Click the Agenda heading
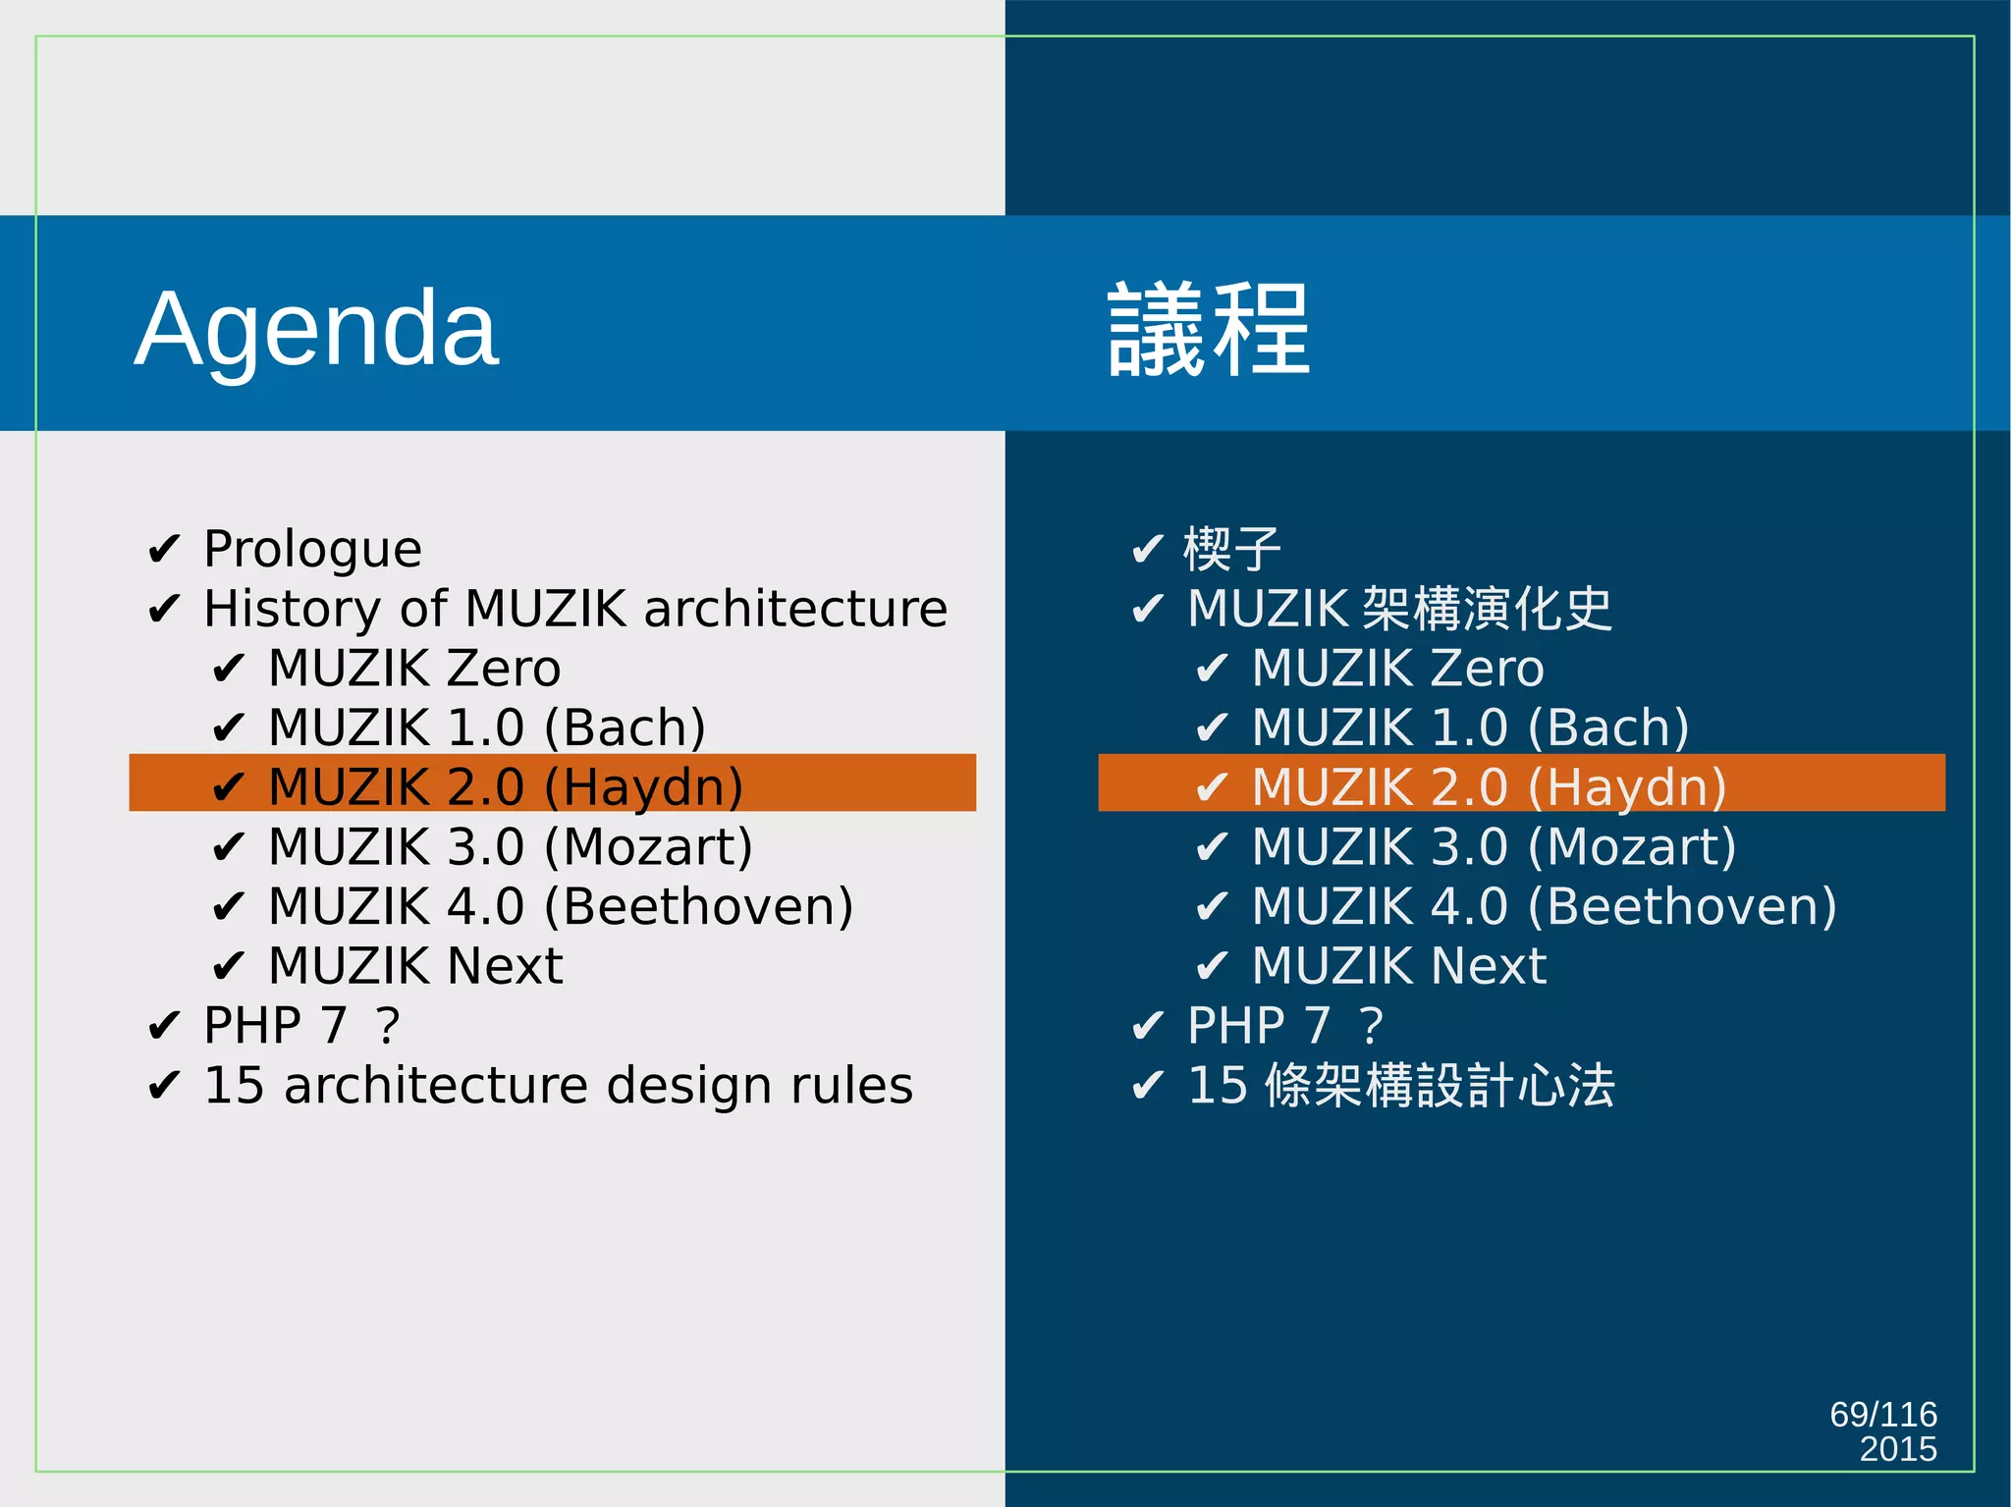pyautogui.click(x=316, y=329)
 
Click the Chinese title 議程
pyautogui.click(x=1208, y=329)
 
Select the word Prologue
pyautogui.click(x=312, y=549)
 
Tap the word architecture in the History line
pyautogui.click(x=795, y=609)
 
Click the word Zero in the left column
pyautogui.click(x=504, y=669)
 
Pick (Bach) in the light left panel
pyautogui.click(x=625, y=728)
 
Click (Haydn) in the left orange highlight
pyautogui.click(x=643, y=787)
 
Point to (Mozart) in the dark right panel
pyautogui.click(x=1632, y=847)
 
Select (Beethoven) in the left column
pyautogui.click(x=698, y=906)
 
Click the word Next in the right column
pyautogui.click(x=1489, y=966)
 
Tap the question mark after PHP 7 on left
pyautogui.click(x=388, y=1026)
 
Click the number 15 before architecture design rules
pyautogui.click(x=234, y=1086)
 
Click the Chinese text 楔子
pyautogui.click(x=1232, y=549)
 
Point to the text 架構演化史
pyautogui.click(x=1488, y=609)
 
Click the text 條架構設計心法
pyautogui.click(x=1440, y=1086)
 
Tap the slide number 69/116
pyautogui.click(x=1882, y=1414)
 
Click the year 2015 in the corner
pyautogui.click(x=1897, y=1449)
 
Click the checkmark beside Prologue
pyautogui.click(x=163, y=550)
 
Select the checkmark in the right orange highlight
pyautogui.click(x=1212, y=787)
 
